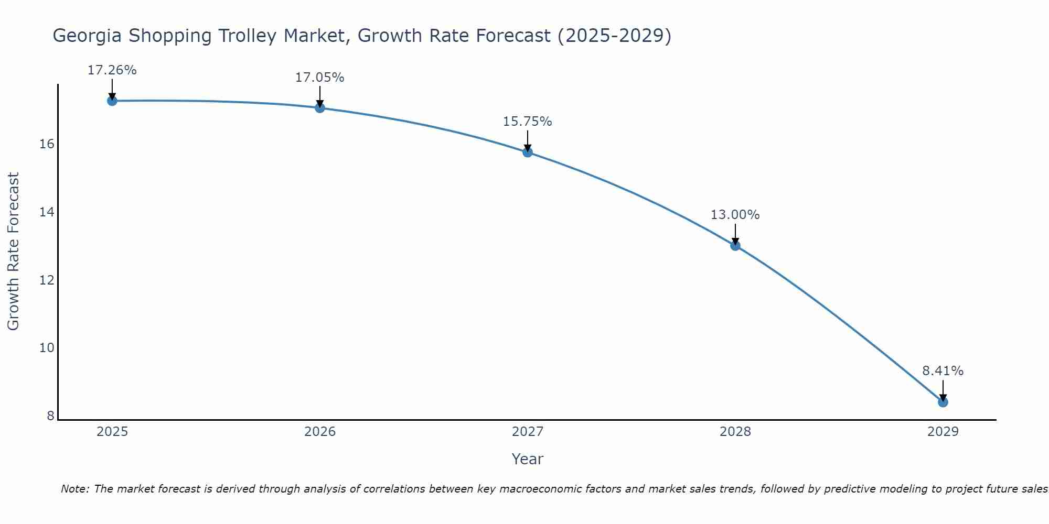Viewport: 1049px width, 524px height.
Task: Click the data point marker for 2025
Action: (112, 101)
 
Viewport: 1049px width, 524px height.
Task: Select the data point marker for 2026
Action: (320, 108)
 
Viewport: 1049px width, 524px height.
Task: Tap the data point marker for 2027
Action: (528, 152)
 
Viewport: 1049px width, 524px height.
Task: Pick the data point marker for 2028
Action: (735, 245)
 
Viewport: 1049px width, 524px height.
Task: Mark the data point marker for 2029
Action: (943, 402)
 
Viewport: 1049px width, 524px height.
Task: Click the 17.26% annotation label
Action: (112, 70)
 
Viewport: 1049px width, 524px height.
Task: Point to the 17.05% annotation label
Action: (319, 78)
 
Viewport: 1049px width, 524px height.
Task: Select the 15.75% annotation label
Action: (527, 122)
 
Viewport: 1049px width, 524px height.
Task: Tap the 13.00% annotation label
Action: (735, 215)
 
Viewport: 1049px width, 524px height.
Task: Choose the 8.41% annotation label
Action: (943, 371)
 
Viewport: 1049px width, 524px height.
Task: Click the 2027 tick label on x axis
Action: (528, 432)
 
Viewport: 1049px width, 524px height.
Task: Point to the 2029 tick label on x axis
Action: (943, 432)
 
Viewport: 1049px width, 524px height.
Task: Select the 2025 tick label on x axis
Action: (112, 432)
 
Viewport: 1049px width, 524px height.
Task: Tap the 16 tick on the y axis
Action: (47, 144)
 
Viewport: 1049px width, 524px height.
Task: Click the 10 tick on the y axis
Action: (47, 348)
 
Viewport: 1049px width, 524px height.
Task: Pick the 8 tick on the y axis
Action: (50, 416)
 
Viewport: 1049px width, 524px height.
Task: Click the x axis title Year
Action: (527, 459)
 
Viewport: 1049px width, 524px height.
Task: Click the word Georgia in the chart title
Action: (87, 36)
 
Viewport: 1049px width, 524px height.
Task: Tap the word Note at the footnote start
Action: (74, 489)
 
